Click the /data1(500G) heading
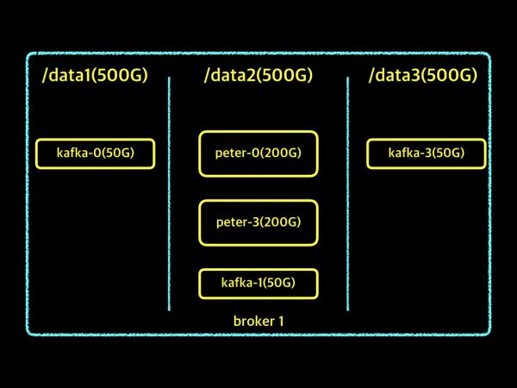click(95, 76)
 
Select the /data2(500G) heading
click(258, 76)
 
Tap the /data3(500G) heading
click(422, 76)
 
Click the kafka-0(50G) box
click(95, 153)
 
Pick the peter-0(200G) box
click(258, 153)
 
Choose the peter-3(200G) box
click(258, 222)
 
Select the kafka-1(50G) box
click(258, 283)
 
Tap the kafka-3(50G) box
click(427, 153)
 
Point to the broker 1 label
click(258, 322)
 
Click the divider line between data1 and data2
click(169, 194)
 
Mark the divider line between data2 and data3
click(348, 194)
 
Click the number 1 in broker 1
click(280, 322)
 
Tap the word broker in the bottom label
click(252, 322)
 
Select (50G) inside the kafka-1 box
click(277, 283)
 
